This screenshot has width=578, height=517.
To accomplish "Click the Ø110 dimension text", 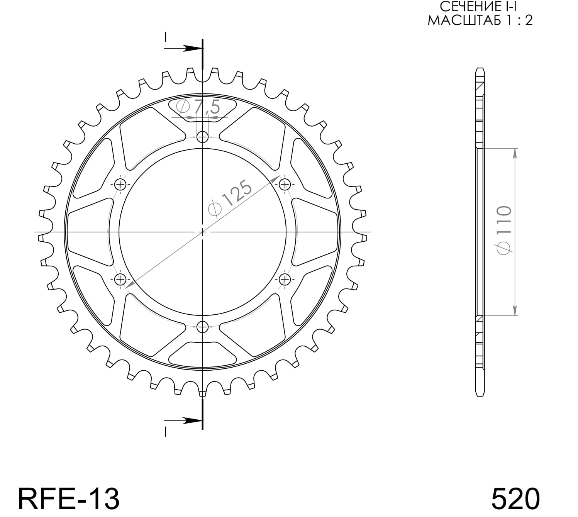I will point(504,230).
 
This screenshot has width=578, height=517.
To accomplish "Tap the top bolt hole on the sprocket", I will point(202,137).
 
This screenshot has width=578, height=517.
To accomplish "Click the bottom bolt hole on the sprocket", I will point(202,327).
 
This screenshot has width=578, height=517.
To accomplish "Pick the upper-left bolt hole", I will point(120,184).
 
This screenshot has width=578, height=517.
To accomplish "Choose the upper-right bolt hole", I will point(285,184).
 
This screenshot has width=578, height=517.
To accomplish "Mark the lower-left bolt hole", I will point(120,279).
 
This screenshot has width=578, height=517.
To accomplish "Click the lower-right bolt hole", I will point(285,279).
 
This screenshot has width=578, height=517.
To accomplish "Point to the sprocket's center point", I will point(202,232).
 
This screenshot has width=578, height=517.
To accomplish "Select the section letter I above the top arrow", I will point(165,37).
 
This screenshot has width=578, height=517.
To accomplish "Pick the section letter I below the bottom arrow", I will point(165,432).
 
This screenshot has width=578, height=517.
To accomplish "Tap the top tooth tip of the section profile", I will point(480,70).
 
